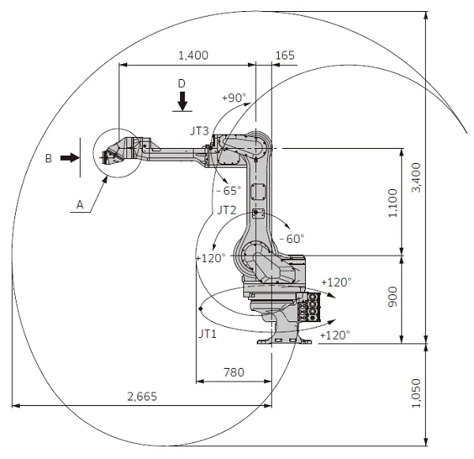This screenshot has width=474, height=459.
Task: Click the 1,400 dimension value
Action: click(x=194, y=55)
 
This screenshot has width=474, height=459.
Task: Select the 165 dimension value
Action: click(x=285, y=55)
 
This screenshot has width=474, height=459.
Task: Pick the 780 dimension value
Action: click(x=233, y=372)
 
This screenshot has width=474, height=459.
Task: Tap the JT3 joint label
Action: click(x=200, y=129)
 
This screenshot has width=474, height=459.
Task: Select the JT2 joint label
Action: click(x=227, y=211)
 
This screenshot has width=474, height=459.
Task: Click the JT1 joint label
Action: click(x=209, y=334)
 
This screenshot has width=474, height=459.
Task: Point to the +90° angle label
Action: click(x=234, y=98)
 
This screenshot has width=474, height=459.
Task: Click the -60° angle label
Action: click(x=292, y=238)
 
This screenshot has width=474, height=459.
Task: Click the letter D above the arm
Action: click(x=182, y=83)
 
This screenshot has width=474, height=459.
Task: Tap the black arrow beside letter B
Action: click(x=70, y=158)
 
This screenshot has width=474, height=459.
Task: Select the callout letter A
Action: click(x=79, y=204)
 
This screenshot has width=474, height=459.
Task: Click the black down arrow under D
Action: click(x=182, y=101)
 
